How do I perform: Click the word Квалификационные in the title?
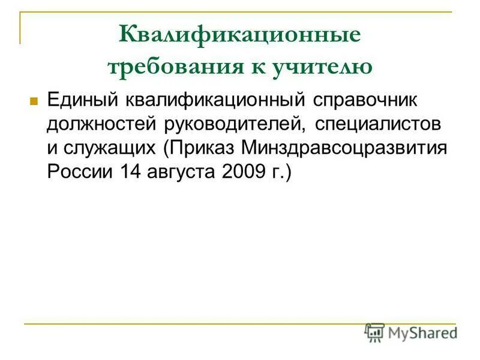point(239,35)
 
